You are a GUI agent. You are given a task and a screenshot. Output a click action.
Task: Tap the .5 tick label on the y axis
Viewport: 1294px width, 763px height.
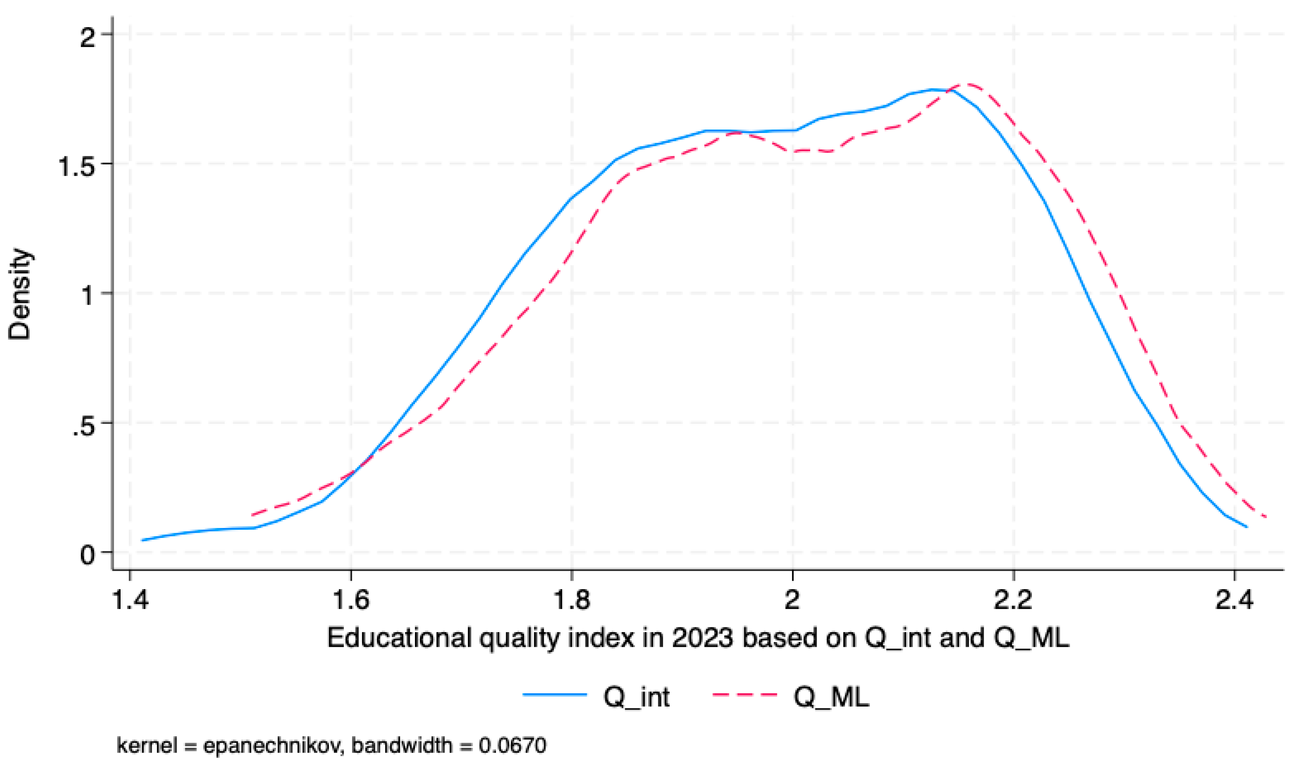click(84, 426)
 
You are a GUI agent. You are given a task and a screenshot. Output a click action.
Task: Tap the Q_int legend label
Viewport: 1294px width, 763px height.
click(636, 697)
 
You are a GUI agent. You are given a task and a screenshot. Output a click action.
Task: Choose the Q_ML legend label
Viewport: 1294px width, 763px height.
click(831, 697)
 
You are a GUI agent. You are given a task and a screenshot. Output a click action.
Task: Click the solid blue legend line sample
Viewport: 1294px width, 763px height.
click(554, 695)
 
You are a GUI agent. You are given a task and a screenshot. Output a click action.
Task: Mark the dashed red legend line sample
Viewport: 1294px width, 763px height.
click(744, 695)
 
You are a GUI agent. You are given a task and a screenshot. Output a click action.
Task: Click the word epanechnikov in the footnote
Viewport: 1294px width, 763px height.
click(273, 745)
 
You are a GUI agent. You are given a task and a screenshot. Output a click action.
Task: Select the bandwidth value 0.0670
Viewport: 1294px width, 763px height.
click(512, 745)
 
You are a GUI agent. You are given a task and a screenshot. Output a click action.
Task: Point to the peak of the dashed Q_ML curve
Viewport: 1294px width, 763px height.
click(967, 84)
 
